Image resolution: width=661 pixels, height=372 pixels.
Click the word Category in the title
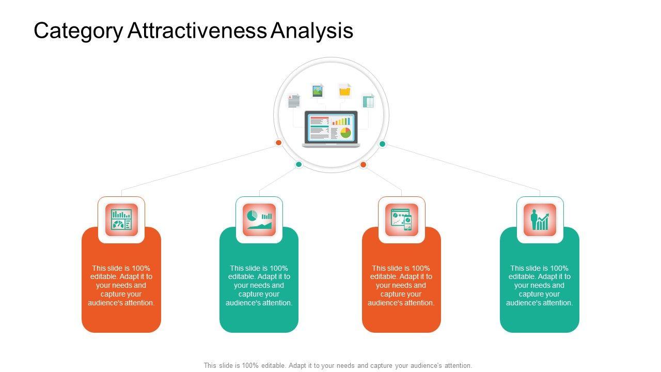(78, 32)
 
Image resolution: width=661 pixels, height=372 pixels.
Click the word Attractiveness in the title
(197, 31)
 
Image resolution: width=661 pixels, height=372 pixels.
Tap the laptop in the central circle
(330, 129)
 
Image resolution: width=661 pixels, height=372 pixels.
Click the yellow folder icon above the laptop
(344, 91)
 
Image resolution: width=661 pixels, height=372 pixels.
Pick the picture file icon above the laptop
(318, 91)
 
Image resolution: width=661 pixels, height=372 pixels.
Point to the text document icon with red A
(294, 100)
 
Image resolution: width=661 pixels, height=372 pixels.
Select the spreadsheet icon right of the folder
(368, 100)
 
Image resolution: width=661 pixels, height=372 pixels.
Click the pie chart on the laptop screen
(345, 133)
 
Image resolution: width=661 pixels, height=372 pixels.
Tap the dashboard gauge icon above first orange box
(121, 220)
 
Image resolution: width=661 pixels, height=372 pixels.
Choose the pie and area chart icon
(259, 220)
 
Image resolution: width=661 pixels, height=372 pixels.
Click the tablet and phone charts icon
(401, 220)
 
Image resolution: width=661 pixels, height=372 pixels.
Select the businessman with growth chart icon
(540, 220)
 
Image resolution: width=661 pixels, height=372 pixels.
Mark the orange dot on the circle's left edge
(278, 143)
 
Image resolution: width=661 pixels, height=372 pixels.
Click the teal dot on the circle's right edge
(383, 144)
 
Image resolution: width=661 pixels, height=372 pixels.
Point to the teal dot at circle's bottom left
(298, 164)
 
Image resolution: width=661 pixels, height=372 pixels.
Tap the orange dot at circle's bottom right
(363, 165)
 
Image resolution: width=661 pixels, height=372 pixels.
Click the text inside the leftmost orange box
(121, 285)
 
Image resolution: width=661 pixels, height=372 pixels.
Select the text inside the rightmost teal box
(540, 285)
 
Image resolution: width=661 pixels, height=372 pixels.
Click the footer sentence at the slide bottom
(338, 365)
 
